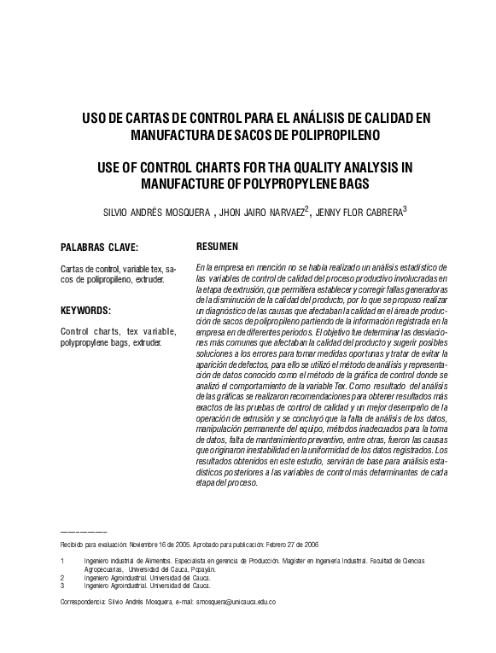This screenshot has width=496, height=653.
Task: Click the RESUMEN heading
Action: pos(217,246)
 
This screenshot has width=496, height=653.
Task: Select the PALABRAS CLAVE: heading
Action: pos(99,248)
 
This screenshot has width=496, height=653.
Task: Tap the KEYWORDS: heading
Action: pos(86,310)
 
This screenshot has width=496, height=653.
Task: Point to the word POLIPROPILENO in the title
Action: pos(325,135)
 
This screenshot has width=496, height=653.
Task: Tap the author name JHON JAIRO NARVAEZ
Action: pos(259,213)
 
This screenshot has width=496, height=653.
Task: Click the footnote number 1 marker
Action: pos(62,561)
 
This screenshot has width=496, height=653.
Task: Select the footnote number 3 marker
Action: pos(62,586)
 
